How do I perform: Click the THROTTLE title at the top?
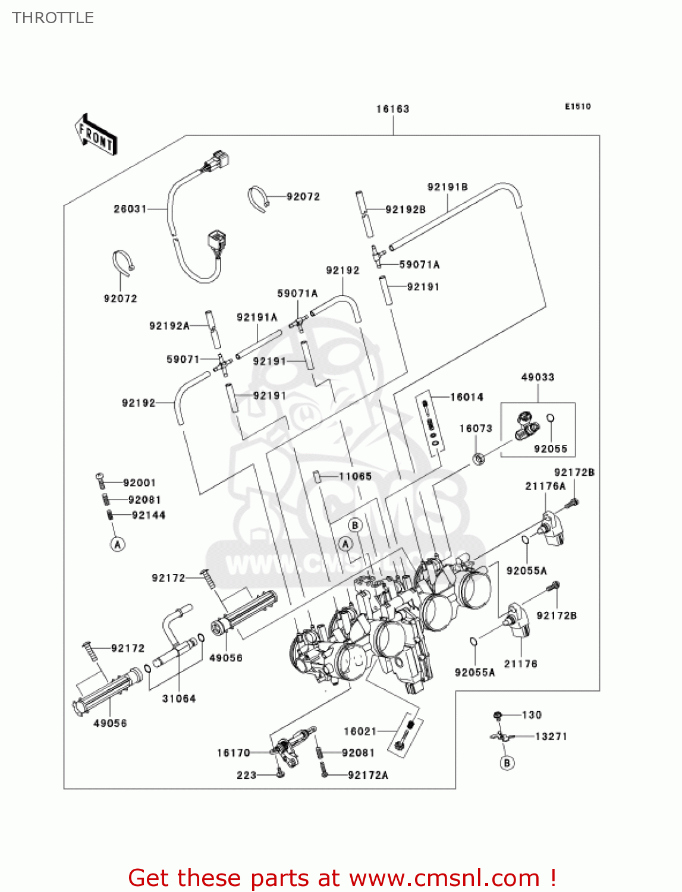tap(53, 18)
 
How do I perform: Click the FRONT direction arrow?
tap(96, 136)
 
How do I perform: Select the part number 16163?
tap(392, 109)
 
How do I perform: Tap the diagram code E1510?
tap(577, 106)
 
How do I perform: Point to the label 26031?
tap(130, 209)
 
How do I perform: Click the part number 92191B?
tap(447, 187)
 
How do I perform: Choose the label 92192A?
tap(169, 326)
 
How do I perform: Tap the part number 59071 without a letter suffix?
tap(183, 359)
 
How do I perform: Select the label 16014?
tap(467, 397)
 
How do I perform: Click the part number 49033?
tap(538, 377)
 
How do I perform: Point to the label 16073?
tap(476, 428)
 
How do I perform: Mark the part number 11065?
tap(355, 476)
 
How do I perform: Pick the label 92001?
tap(139, 483)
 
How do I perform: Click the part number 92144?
tap(148, 515)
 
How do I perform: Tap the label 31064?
tap(179, 698)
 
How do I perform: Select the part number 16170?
tap(233, 753)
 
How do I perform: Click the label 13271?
tap(551, 736)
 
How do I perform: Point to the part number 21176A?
tap(545, 486)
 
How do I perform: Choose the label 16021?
tap(360, 731)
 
